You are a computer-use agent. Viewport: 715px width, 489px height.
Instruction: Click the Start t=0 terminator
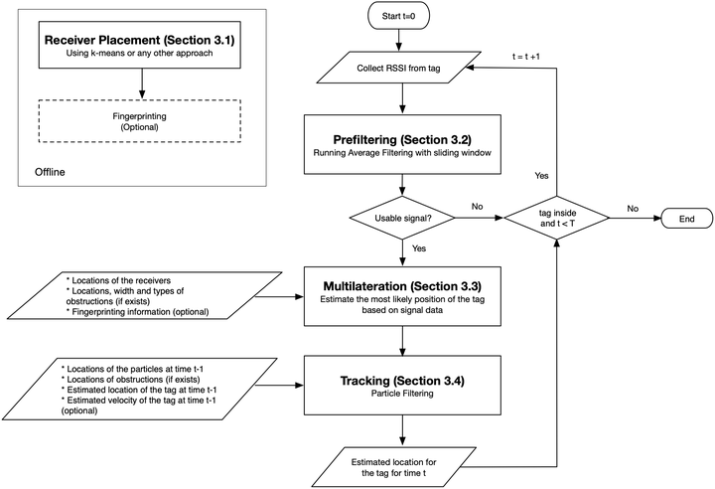tap(398, 17)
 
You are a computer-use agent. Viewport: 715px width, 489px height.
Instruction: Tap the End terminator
tap(686, 219)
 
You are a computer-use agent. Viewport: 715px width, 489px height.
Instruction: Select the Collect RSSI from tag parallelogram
tap(398, 68)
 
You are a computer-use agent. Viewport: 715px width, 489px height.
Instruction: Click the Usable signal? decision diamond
tap(402, 218)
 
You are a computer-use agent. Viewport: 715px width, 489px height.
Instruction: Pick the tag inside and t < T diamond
tap(557, 219)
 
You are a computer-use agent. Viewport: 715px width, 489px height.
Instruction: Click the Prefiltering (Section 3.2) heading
tap(402, 140)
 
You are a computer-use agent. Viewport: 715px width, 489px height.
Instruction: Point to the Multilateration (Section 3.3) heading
tap(402, 286)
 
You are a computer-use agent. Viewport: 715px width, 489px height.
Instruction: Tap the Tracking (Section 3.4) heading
tap(402, 381)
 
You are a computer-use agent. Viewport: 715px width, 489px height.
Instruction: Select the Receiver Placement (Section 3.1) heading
tap(140, 40)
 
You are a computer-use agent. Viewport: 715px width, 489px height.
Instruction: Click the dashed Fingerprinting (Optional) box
tap(140, 121)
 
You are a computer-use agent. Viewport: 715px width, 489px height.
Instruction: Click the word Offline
tap(50, 172)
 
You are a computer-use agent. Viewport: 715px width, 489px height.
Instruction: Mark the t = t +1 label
tap(526, 57)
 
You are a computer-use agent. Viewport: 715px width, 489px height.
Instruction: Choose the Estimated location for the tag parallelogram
tap(394, 467)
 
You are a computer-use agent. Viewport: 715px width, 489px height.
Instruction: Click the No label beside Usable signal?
tap(477, 207)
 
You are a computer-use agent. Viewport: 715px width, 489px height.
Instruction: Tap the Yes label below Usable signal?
tap(419, 248)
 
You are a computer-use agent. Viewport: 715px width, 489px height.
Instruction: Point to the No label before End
tap(633, 208)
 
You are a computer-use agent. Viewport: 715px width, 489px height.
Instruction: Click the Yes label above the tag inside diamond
tap(542, 176)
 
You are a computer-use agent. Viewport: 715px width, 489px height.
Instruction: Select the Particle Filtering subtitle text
tap(402, 394)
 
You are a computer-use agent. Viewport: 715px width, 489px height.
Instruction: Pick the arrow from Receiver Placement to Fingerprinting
tap(142, 83)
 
